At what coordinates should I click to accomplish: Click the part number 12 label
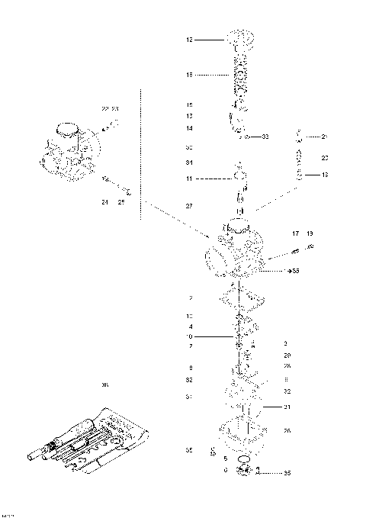pos(189,39)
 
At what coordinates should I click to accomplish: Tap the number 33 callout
pos(265,137)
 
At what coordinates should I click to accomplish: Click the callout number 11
pos(189,179)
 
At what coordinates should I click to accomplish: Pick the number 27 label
pos(189,207)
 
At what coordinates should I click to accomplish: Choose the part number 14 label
pos(189,128)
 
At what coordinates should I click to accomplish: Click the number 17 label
pos(295,233)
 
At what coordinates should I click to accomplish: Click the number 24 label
pos(104,202)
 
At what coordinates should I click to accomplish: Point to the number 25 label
pos(120,202)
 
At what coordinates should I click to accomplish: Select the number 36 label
pos(104,385)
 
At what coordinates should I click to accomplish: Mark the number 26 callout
pos(287,431)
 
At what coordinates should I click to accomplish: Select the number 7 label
pos(189,346)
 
